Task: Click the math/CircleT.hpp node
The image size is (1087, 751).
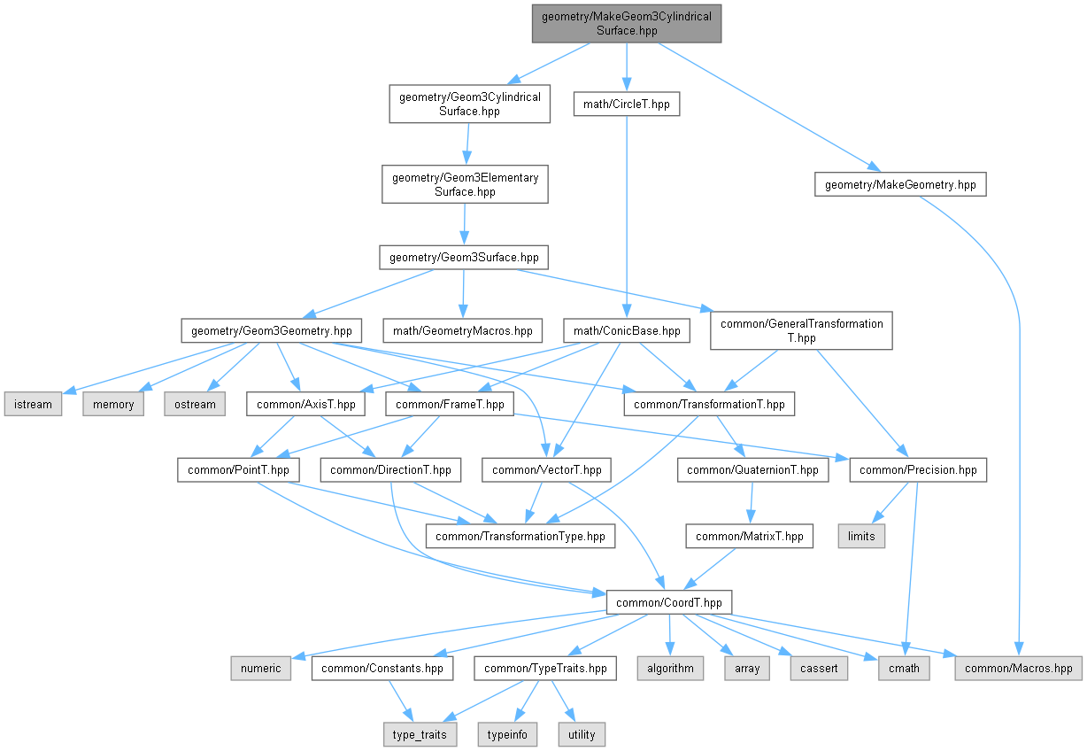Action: point(626,105)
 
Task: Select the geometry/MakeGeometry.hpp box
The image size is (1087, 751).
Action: point(900,184)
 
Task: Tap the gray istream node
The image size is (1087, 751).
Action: point(33,404)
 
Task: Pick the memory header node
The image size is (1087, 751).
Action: point(114,404)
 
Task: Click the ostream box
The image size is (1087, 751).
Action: point(193,404)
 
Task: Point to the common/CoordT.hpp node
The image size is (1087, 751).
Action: point(669,602)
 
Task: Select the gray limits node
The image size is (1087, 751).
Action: point(861,536)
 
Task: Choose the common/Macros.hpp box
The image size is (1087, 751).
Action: point(1019,668)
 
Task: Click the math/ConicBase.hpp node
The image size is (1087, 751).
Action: point(627,331)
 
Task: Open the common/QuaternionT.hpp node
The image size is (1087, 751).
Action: point(753,469)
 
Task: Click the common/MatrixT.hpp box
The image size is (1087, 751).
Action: point(750,536)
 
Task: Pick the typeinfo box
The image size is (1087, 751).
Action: point(507,734)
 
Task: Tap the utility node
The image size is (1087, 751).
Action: point(582,734)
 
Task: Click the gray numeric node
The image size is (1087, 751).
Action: point(262,668)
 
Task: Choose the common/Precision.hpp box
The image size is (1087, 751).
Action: point(918,469)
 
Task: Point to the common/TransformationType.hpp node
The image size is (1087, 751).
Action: point(520,536)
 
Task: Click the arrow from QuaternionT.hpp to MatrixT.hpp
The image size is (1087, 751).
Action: point(752,502)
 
